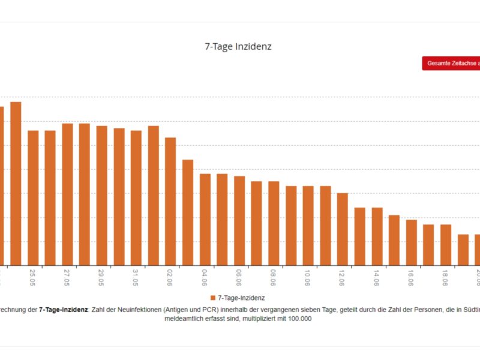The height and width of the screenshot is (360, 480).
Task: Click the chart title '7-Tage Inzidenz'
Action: click(x=238, y=46)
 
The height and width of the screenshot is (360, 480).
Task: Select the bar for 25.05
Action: click(x=33, y=198)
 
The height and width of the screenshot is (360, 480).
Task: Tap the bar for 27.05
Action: click(x=68, y=194)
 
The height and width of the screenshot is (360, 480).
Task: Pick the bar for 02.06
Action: click(x=170, y=202)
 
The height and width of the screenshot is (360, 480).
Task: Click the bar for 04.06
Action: click(x=205, y=220)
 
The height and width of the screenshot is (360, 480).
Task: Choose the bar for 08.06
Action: click(x=274, y=223)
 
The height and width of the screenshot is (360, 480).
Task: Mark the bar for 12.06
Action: click(x=343, y=229)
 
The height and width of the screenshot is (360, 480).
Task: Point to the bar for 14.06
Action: click(x=377, y=236)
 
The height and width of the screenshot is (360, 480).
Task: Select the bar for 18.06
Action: click(x=446, y=245)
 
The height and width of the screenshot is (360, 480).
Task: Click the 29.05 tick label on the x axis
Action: click(x=101, y=276)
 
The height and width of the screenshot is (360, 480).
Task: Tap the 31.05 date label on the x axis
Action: click(x=136, y=276)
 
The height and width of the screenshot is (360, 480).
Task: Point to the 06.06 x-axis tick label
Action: click(x=239, y=276)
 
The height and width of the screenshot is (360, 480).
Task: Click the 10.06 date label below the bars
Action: click(x=307, y=276)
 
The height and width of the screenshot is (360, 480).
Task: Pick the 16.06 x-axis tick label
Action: click(x=410, y=276)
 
